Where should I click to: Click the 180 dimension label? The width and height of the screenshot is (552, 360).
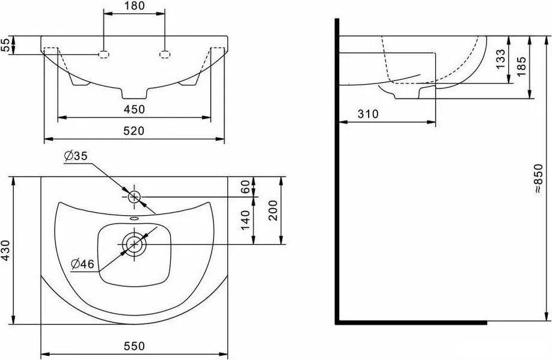[x=134, y=5]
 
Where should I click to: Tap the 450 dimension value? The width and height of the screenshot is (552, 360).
[x=134, y=109]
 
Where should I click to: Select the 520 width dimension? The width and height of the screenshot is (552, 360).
[x=134, y=130]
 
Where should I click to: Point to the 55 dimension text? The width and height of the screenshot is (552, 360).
[x=5, y=45]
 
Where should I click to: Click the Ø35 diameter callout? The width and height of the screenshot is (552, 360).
[x=76, y=156]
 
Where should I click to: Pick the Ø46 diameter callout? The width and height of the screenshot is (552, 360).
[x=83, y=264]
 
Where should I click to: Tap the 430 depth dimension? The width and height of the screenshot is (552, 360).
[x=5, y=251]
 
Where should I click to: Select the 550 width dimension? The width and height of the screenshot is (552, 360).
[x=134, y=346]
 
